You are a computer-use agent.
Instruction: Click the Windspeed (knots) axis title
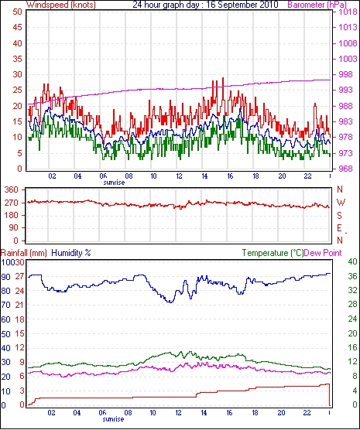tap(61, 5)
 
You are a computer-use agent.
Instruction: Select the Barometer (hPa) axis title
tap(317, 5)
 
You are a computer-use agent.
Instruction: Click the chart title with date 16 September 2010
tap(205, 5)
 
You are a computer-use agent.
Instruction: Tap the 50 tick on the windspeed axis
tap(17, 12)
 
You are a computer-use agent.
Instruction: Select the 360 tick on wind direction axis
tap(12, 189)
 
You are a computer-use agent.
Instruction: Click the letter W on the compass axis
tap(341, 203)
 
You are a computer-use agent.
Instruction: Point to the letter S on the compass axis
tap(339, 216)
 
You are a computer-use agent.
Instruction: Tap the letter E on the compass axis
tap(339, 228)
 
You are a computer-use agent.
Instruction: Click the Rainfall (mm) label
tap(24, 253)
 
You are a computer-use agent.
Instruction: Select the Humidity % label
tap(71, 253)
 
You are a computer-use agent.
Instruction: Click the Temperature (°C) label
tap(273, 253)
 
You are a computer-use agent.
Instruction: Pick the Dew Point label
tap(323, 253)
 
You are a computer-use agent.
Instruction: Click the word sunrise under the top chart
tap(114, 183)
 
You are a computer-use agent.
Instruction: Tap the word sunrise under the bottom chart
tap(113, 419)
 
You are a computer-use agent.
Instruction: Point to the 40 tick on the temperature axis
tap(352, 261)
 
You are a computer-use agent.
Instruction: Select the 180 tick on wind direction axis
tap(12, 215)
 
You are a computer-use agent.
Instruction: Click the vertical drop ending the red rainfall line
tap(329, 394)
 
